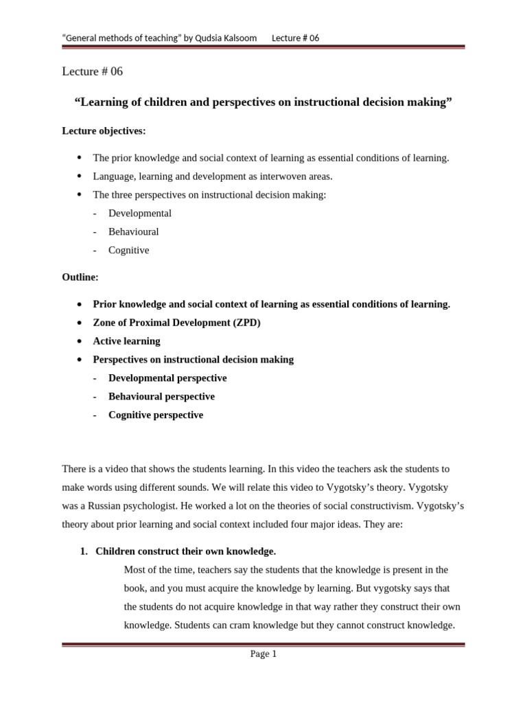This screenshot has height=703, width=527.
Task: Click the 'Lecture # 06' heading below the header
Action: click(92, 71)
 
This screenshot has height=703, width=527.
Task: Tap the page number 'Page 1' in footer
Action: click(263, 654)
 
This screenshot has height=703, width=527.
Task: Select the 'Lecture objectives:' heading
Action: click(104, 130)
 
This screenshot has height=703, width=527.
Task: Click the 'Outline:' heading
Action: click(80, 277)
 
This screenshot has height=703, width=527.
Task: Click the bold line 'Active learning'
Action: click(127, 341)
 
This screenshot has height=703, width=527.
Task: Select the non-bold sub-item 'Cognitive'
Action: click(128, 251)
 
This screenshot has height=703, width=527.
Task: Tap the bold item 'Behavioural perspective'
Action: click(161, 397)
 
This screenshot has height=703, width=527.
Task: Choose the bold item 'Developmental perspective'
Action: click(167, 378)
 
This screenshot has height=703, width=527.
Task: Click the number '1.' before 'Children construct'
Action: click(84, 551)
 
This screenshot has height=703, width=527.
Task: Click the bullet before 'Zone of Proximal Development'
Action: click(80, 323)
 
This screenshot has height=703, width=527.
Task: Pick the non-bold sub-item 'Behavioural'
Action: click(133, 232)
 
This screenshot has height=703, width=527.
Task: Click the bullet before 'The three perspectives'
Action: click(80, 195)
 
